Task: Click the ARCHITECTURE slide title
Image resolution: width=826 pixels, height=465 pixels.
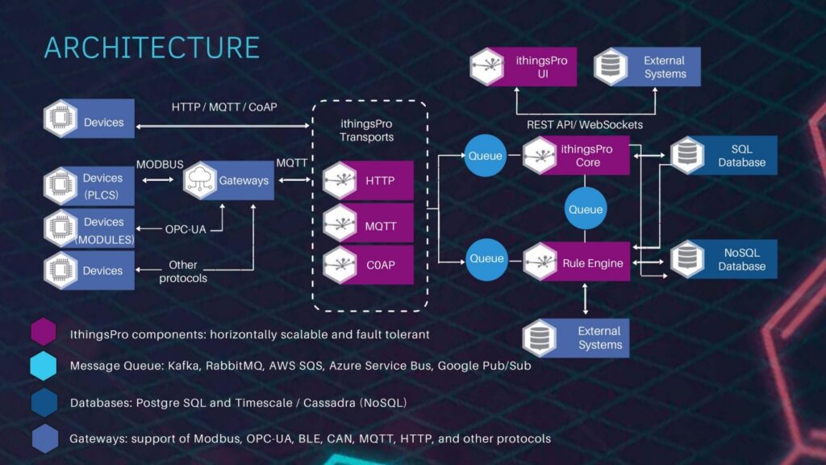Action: pyautogui.click(x=152, y=47)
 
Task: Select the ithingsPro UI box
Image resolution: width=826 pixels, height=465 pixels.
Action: pyautogui.click(x=524, y=67)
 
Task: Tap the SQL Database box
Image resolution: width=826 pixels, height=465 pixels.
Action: pyautogui.click(x=724, y=156)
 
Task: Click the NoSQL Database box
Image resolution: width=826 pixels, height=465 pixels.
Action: pyautogui.click(x=724, y=259)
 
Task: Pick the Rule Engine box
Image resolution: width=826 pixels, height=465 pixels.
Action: pyautogui.click(x=576, y=262)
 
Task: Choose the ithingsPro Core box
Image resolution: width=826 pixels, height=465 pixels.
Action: pyautogui.click(x=576, y=155)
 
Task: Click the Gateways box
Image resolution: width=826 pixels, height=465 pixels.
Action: pyautogui.click(x=228, y=180)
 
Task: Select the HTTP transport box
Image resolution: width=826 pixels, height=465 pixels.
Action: pyautogui.click(x=369, y=181)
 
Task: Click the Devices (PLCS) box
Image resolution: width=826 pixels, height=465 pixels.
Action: pyautogui.click(x=89, y=184)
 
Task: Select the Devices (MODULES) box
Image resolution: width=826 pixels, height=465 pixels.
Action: pyautogui.click(x=89, y=228)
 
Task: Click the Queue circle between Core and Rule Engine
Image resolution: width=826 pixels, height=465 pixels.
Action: pyautogui.click(x=586, y=209)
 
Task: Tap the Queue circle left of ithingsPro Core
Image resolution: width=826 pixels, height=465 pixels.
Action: pyautogui.click(x=486, y=156)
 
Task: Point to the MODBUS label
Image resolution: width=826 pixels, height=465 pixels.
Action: pyautogui.click(x=159, y=164)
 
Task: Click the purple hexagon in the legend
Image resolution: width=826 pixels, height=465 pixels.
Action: pyautogui.click(x=44, y=332)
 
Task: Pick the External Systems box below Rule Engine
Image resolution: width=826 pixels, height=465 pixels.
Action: pyautogui.click(x=575, y=337)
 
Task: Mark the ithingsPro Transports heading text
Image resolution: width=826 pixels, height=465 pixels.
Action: pyautogui.click(x=368, y=130)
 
